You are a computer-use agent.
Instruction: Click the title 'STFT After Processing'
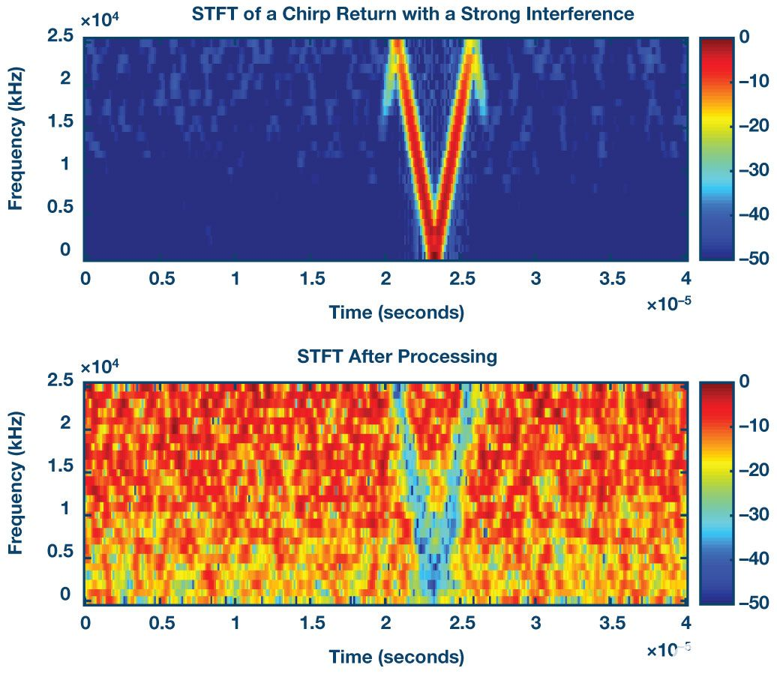397,355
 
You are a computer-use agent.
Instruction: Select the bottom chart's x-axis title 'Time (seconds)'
396,657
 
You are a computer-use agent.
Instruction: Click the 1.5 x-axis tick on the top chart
311,279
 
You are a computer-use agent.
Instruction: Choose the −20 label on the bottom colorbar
751,470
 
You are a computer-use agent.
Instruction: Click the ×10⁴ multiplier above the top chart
96,20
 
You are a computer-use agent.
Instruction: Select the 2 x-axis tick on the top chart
386,279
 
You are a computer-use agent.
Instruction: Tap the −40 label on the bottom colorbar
751,558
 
